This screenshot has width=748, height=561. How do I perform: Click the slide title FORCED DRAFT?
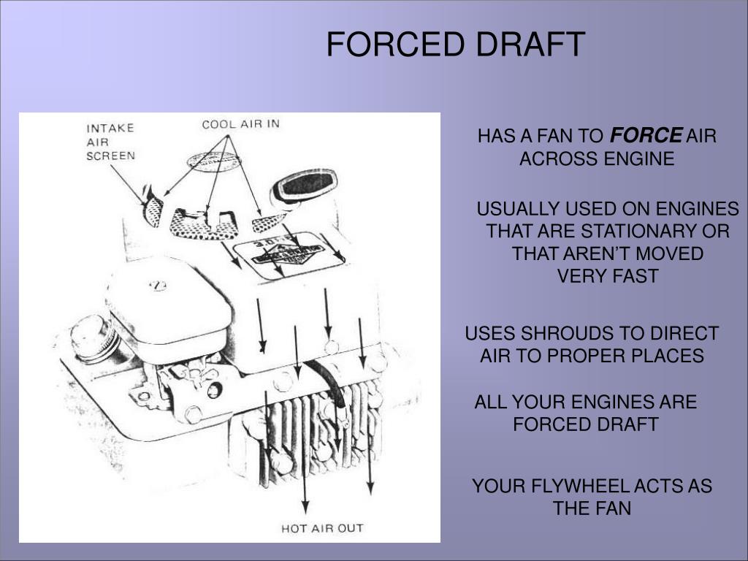click(456, 44)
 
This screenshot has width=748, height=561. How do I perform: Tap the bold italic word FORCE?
click(646, 135)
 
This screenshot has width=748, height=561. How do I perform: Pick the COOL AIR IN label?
click(240, 124)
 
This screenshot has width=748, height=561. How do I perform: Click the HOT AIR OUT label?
click(322, 528)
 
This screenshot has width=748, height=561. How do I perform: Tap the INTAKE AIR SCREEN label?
click(111, 142)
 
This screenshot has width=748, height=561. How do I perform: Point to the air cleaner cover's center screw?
click(158, 286)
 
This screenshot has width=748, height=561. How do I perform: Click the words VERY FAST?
click(607, 275)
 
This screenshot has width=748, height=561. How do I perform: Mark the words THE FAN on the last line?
click(592, 508)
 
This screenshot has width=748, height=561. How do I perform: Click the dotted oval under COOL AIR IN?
click(214, 161)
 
